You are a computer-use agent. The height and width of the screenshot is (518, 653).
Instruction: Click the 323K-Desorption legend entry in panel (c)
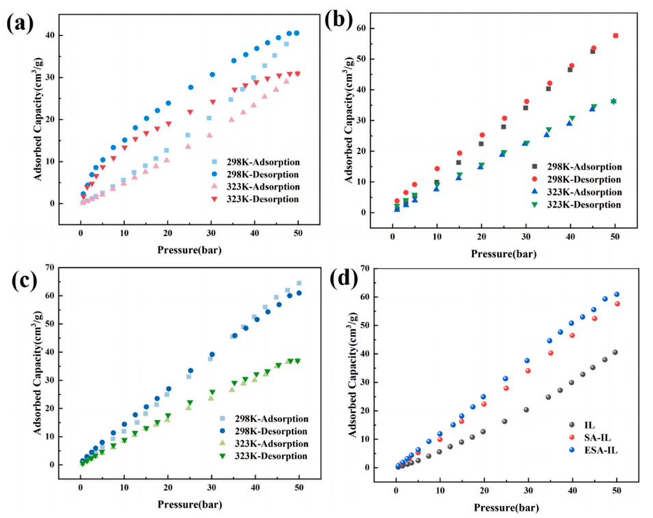click(261, 455)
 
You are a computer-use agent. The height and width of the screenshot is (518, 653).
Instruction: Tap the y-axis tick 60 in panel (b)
click(379, 28)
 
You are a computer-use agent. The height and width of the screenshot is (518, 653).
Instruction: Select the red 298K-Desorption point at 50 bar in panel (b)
click(615, 36)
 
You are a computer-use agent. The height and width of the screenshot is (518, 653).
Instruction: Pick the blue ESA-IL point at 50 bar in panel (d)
click(616, 295)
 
